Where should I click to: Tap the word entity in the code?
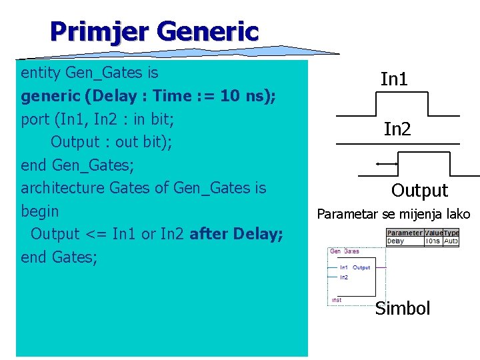pos(41,72)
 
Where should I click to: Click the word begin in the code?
pos(40,211)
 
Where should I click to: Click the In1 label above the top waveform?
pos(394,80)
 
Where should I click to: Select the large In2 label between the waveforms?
pos(397,129)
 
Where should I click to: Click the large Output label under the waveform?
pos(419,191)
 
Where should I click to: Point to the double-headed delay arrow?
pos(387,163)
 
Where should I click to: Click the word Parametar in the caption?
pos(348,214)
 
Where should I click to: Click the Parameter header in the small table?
pos(404,233)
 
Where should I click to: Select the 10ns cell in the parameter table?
pos(433,241)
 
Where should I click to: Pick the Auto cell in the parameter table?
pos(451,241)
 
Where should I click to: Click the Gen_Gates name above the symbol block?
pos(345,251)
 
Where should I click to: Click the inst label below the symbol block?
pos(337,300)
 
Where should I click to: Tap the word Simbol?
pos(403,309)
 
